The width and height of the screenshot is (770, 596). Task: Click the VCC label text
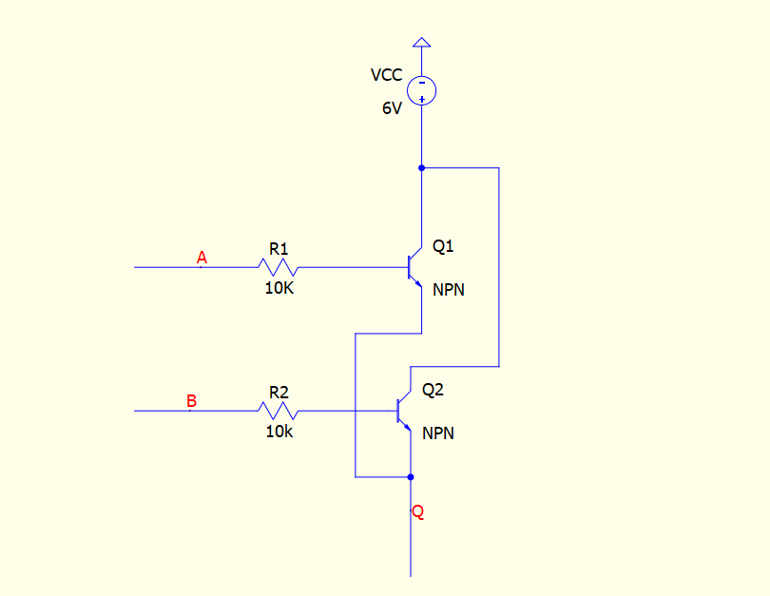coord(387,75)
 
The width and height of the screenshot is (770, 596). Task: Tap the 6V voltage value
coord(392,108)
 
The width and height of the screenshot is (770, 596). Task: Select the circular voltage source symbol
coord(421,90)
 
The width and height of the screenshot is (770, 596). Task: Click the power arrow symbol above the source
coord(421,43)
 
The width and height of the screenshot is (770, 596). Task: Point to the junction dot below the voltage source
coord(421,168)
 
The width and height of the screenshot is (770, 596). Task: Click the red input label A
coord(202,258)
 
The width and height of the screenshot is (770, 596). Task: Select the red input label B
coord(191,400)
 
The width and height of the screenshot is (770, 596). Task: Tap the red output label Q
coord(418,511)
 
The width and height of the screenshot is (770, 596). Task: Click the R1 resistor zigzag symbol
coord(278,267)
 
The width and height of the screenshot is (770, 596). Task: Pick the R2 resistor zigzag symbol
coord(278,411)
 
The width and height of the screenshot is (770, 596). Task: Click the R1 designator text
coord(279,249)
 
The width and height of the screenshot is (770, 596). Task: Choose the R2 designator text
coord(279,393)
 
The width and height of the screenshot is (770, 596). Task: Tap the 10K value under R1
coord(279,288)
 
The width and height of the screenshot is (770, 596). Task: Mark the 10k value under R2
coord(279,432)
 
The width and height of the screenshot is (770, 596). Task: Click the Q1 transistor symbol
coord(415,267)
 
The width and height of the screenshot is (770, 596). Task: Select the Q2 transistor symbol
coord(404,411)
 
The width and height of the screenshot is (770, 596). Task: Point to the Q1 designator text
coord(443,245)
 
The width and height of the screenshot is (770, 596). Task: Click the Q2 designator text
coord(433,390)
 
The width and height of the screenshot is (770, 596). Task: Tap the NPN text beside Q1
coord(449,290)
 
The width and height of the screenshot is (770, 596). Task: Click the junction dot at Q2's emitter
coord(411,476)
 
